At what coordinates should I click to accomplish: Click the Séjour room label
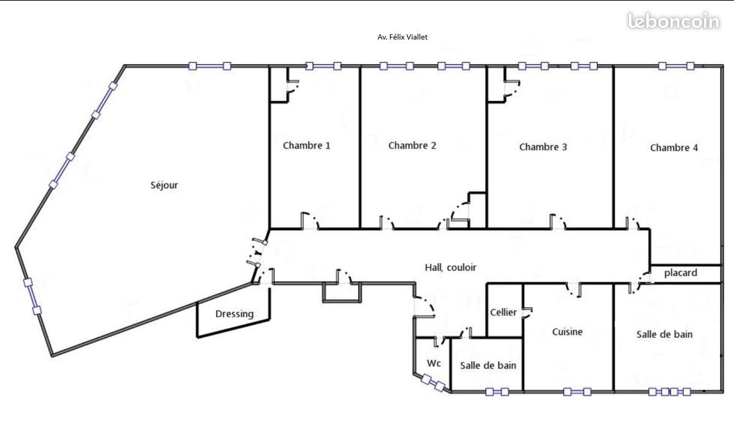click(x=164, y=185)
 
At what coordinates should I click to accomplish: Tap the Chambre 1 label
click(x=306, y=145)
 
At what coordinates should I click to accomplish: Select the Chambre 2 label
click(x=412, y=145)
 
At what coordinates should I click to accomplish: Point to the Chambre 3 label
click(x=543, y=147)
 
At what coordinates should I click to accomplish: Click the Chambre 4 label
click(x=673, y=147)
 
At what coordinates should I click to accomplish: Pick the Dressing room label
click(x=234, y=314)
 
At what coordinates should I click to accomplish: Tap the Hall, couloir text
click(x=450, y=267)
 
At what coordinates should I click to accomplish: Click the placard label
click(x=680, y=273)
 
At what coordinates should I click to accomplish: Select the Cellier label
click(x=503, y=312)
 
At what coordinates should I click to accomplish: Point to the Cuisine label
click(x=567, y=332)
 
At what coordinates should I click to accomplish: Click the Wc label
click(x=434, y=363)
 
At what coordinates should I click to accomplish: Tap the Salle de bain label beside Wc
click(x=488, y=365)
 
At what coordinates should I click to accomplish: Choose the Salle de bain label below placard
click(x=664, y=334)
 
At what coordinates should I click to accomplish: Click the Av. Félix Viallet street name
click(x=402, y=37)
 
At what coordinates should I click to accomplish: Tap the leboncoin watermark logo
click(x=673, y=21)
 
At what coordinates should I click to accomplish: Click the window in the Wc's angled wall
click(x=433, y=383)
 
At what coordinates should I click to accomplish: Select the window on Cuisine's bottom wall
click(x=577, y=392)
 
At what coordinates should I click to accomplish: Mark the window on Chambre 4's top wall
click(x=675, y=66)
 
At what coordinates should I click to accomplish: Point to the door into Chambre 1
click(x=310, y=222)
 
